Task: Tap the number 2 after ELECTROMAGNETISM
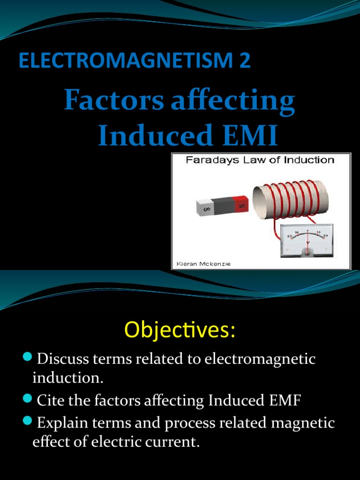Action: point(245,61)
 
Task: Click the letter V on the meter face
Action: point(307,243)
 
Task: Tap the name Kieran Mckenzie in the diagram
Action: point(203,264)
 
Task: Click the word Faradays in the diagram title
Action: point(208,160)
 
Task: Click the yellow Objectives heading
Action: point(180,330)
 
